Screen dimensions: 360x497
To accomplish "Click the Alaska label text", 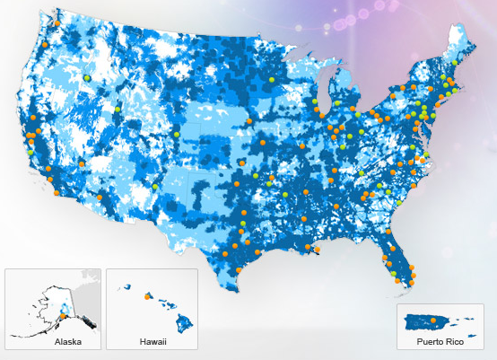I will point(68,341).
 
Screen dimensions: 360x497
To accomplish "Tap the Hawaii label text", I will point(153,341).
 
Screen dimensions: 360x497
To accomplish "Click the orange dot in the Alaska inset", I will point(62,314).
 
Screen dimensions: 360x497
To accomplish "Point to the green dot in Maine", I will point(456,63).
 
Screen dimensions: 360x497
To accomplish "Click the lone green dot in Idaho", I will point(87,78).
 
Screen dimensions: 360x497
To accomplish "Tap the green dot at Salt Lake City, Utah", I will point(118,109).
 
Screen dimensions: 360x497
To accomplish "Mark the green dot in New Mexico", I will point(155,186).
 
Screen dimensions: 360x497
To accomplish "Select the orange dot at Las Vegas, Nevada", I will point(80,164).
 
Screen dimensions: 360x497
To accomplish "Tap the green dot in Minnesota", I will point(271,81).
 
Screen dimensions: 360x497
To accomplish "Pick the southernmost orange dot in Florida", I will point(413,285).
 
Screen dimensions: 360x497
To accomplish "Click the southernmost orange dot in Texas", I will point(239,269).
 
